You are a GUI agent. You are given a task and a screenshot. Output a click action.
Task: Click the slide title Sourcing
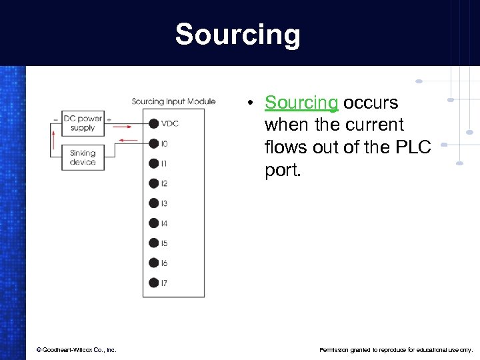click(237, 35)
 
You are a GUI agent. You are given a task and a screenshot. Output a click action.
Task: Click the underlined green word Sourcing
click(301, 103)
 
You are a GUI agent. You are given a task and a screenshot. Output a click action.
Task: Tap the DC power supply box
click(83, 123)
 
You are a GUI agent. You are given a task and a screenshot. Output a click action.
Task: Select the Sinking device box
click(83, 157)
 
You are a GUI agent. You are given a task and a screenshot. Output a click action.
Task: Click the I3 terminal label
click(164, 203)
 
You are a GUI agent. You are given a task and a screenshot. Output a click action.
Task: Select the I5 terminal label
click(164, 243)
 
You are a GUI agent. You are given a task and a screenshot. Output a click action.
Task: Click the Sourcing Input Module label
click(173, 101)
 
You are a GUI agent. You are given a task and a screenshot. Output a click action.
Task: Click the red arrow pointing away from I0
click(129, 141)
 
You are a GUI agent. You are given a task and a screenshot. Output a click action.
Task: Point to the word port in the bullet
click(283, 170)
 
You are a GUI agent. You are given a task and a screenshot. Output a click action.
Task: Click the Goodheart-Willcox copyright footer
click(76, 349)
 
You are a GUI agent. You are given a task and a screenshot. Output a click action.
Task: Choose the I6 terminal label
click(164, 263)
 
